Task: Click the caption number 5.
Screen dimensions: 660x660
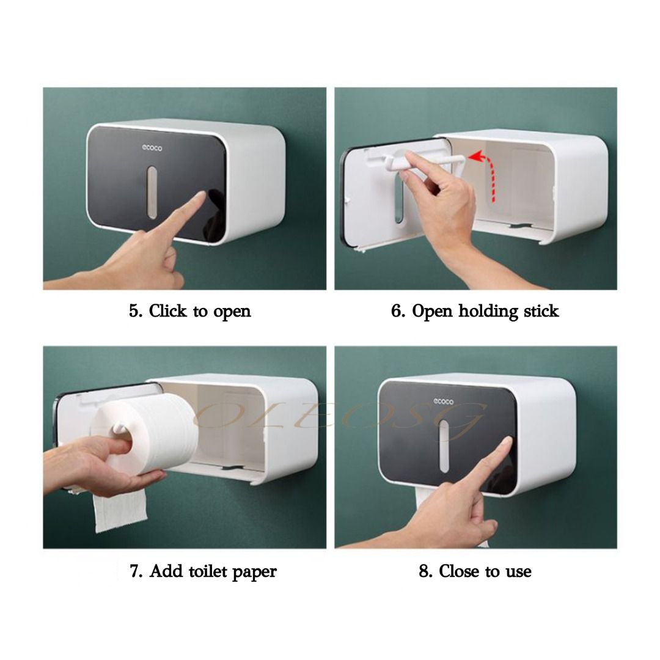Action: (135, 311)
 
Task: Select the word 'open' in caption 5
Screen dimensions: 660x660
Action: (232, 312)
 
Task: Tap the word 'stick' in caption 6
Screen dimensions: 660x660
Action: (540, 311)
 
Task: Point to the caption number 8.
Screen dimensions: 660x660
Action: (425, 571)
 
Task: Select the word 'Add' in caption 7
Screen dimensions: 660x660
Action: (164, 571)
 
